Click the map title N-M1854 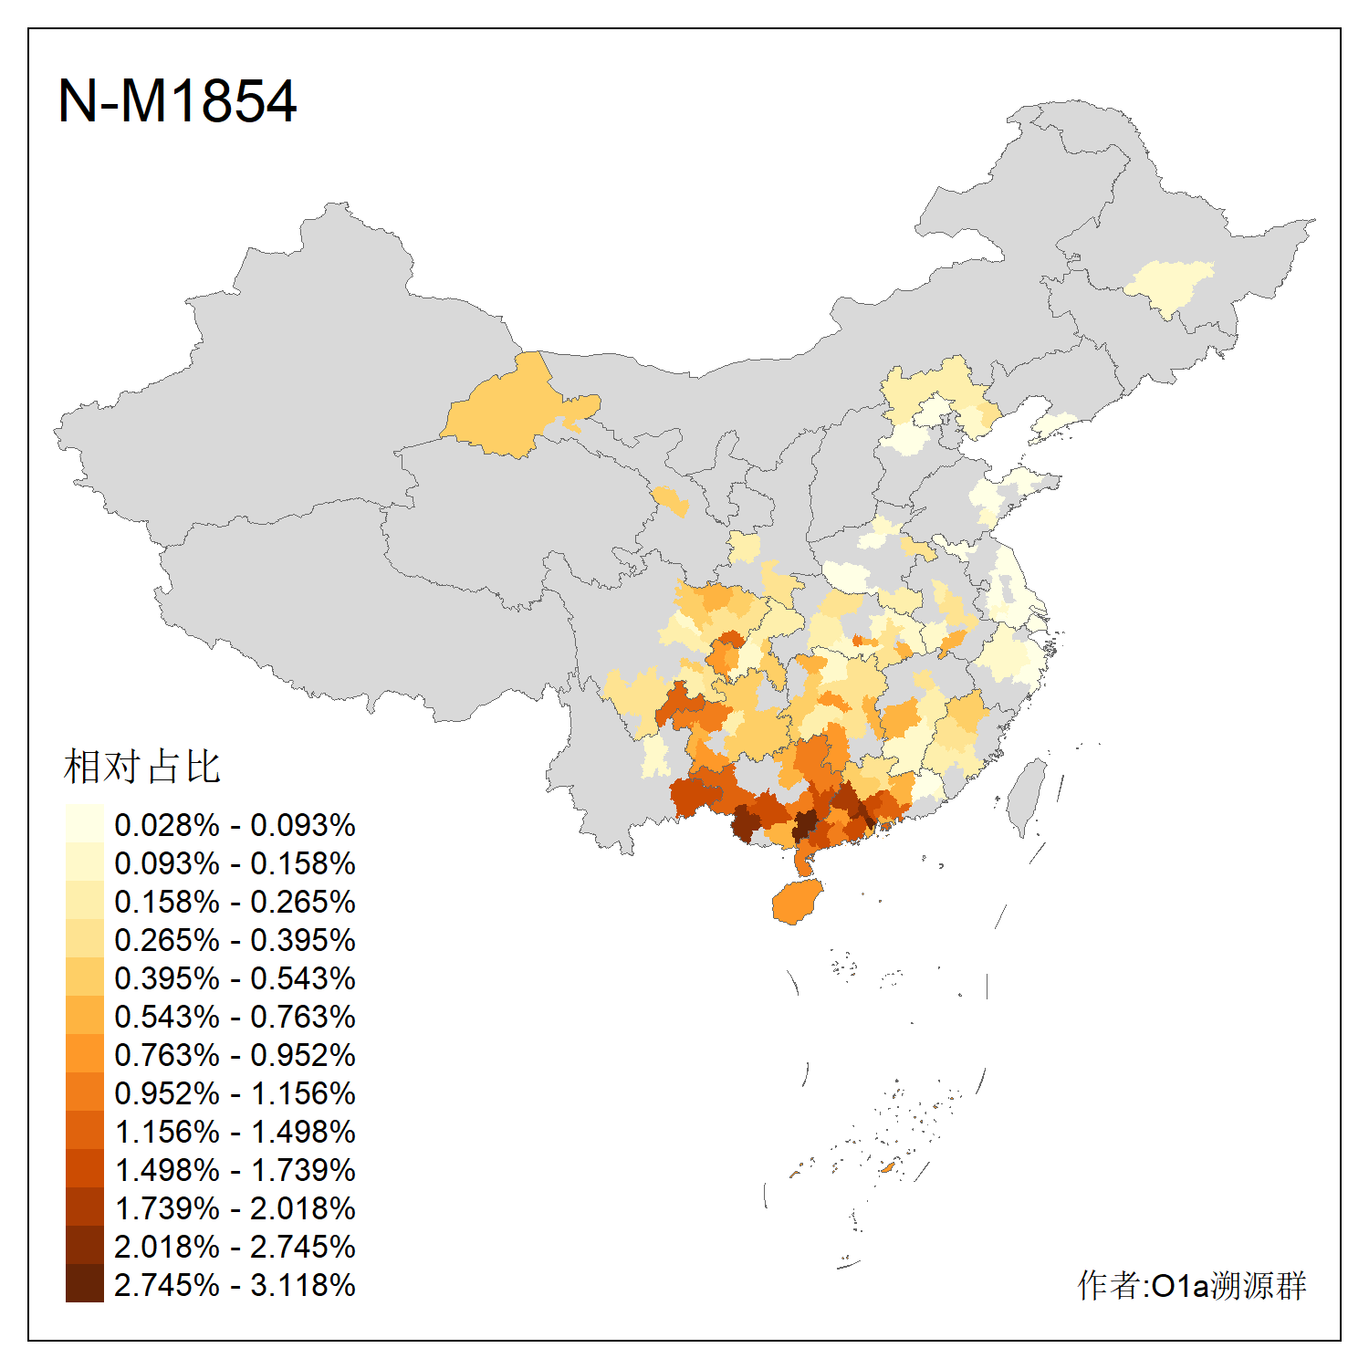(x=177, y=100)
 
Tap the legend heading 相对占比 (x=142, y=767)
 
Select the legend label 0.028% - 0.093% (x=235, y=825)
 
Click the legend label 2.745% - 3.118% (x=235, y=1285)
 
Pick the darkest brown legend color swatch (x=84, y=1284)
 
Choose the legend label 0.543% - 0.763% (x=235, y=1017)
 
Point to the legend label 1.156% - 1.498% (x=235, y=1132)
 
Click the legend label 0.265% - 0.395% (x=235, y=940)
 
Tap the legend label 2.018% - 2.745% (x=235, y=1247)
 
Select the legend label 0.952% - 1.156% (x=235, y=1093)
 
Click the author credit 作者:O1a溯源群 (x=1191, y=1285)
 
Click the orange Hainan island (x=797, y=903)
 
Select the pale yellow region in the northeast (x=1170, y=284)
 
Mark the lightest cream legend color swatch (x=84, y=824)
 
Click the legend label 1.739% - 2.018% (x=235, y=1208)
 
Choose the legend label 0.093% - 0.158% (x=235, y=863)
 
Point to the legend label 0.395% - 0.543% (x=235, y=978)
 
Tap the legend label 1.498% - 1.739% (x=235, y=1170)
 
